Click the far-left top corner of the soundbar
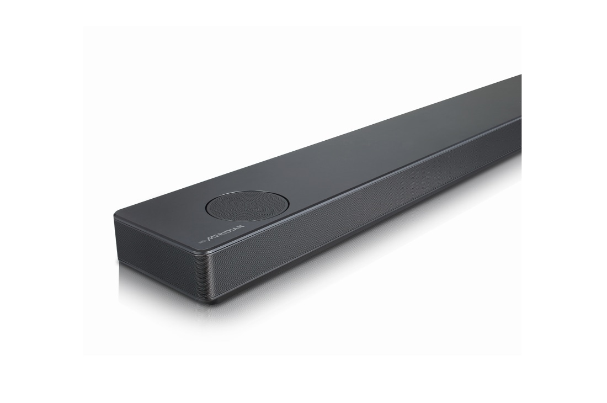coord(116,216)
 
